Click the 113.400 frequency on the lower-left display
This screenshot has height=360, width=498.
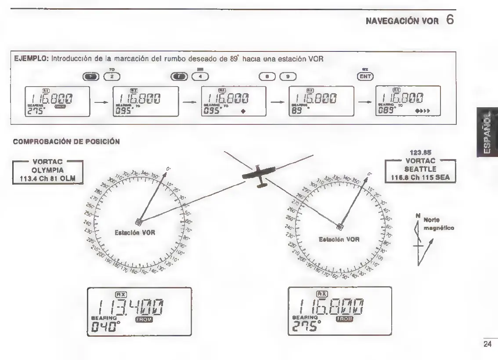tap(132, 305)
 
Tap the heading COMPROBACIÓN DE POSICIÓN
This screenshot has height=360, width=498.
tap(61, 143)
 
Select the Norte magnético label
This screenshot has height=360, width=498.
tap(436, 224)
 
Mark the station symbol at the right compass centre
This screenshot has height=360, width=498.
tap(339, 227)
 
